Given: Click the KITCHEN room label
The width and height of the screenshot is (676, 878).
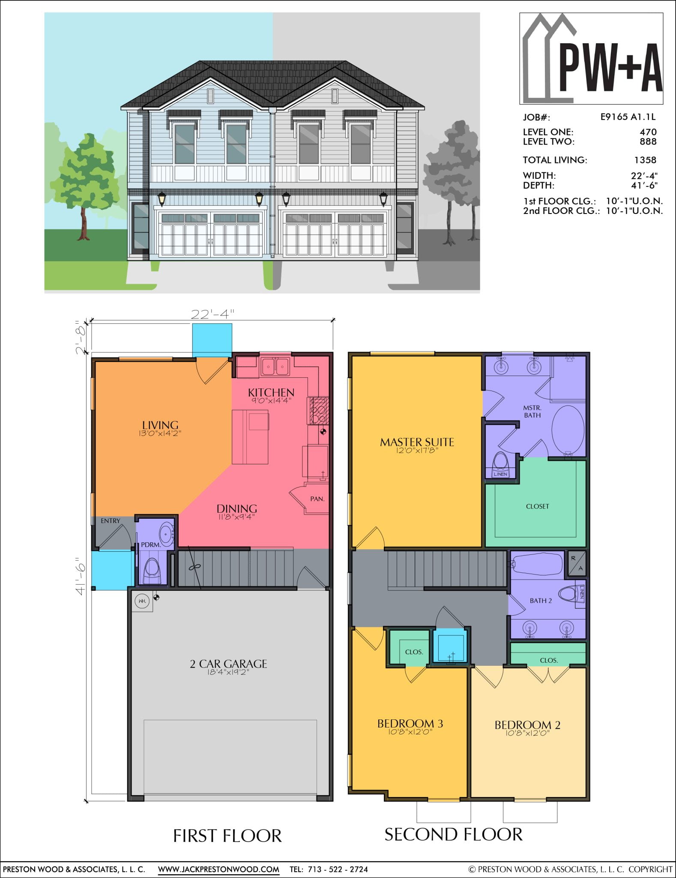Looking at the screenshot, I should click(x=271, y=392).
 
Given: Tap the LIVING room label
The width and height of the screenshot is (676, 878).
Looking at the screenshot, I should click(x=160, y=425).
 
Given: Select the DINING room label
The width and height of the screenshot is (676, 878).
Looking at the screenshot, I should click(x=236, y=509).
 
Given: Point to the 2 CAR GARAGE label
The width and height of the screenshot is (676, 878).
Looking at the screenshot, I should click(x=228, y=664).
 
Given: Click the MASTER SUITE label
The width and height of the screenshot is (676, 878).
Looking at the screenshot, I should click(x=417, y=442).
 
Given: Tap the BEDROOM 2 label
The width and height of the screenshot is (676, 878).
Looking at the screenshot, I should click(x=527, y=725).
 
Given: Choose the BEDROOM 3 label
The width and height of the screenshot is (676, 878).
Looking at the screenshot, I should click(x=410, y=724).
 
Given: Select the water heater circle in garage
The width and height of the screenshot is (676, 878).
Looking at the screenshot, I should click(x=142, y=601).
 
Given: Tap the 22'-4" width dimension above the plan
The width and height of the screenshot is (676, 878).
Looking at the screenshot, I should click(x=212, y=314).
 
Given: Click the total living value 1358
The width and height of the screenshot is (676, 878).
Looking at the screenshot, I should click(x=645, y=160).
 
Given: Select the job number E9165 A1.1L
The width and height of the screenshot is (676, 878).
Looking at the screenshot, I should click(x=628, y=117).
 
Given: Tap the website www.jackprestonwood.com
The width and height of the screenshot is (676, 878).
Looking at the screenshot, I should click(x=218, y=869).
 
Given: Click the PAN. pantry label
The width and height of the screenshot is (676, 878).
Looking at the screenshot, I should click(x=317, y=499).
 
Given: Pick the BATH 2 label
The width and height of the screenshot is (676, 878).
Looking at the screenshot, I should click(x=541, y=601).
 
